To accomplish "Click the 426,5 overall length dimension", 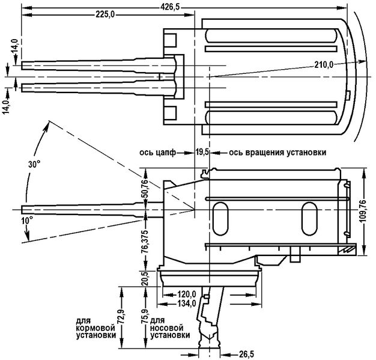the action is pyautogui.click(x=170, y=7).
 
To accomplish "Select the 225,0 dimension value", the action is pyautogui.click(x=105, y=15).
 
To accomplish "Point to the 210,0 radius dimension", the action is pyautogui.click(x=324, y=64).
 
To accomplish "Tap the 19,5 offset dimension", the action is pyautogui.click(x=202, y=152).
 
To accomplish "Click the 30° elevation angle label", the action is pyautogui.click(x=34, y=165).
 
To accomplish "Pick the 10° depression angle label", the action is pyautogui.click(x=28, y=220).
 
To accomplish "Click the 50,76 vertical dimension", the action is pyautogui.click(x=145, y=188).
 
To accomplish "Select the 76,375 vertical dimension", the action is pyautogui.click(x=145, y=242).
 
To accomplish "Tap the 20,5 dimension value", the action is pyautogui.click(x=145, y=278).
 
